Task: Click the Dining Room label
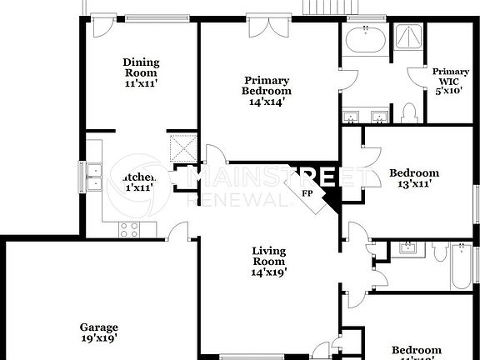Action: coord(141,67)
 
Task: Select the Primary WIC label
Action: coord(450,77)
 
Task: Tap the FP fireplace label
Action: coord(307,193)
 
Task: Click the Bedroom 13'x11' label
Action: coord(414,178)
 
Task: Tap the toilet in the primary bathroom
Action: coord(408,111)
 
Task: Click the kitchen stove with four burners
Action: coord(130,228)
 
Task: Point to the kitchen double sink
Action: coord(93,177)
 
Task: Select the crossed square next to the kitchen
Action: coord(183,148)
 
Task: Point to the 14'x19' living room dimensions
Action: coord(269,272)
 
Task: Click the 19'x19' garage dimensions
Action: coord(98,338)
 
